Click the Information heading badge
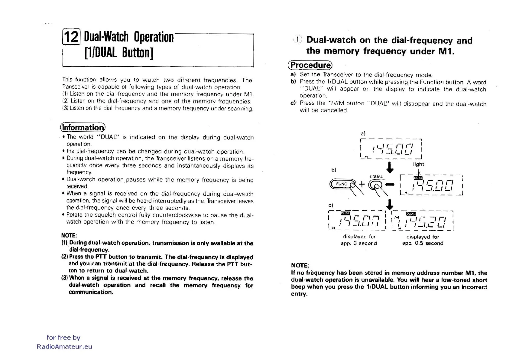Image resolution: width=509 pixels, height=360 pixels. pyautogui.click(x=83, y=128)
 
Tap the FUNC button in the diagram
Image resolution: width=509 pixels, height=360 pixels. pyautogui.click(x=342, y=184)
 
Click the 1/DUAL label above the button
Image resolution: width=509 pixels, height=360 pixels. pyautogui.click(x=376, y=177)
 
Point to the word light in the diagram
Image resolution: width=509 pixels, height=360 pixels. pyautogui.click(x=418, y=164)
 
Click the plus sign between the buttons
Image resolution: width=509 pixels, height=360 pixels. pyautogui.click(x=362, y=184)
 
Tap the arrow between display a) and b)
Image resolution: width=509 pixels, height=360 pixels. pyautogui.click(x=390, y=167)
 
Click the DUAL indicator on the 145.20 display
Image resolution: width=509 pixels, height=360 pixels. pyautogui.click(x=411, y=214)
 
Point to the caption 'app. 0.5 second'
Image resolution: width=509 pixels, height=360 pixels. pyautogui.click(x=423, y=243)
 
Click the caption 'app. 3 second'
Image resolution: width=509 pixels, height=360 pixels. pyautogui.click(x=359, y=243)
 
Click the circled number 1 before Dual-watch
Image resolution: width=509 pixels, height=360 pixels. pyautogui.click(x=298, y=40)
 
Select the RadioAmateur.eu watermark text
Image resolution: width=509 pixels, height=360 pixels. pyautogui.click(x=64, y=347)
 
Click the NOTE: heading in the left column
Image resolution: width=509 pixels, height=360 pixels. pyautogui.click(x=69, y=235)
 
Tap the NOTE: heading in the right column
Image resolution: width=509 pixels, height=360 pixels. pyautogui.click(x=300, y=265)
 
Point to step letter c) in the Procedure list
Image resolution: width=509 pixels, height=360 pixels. pyautogui.click(x=293, y=103)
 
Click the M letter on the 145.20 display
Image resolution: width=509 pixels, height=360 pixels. pyautogui.click(x=397, y=218)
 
